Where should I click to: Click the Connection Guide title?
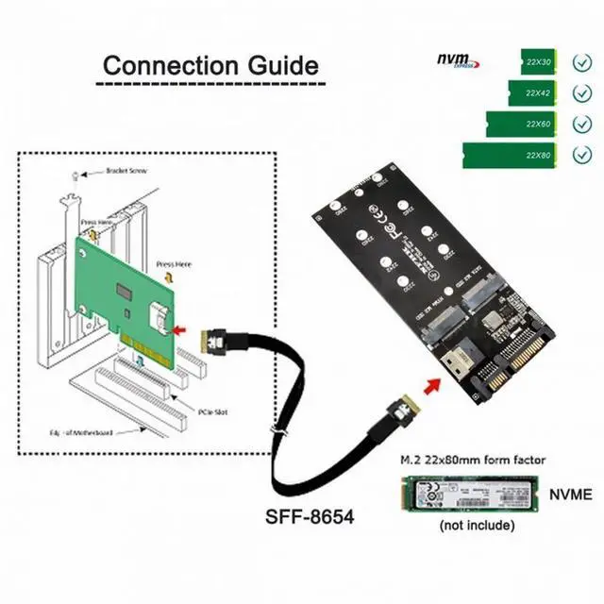coord(210,66)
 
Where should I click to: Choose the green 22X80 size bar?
coord(511,155)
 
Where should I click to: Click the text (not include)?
coord(477,525)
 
